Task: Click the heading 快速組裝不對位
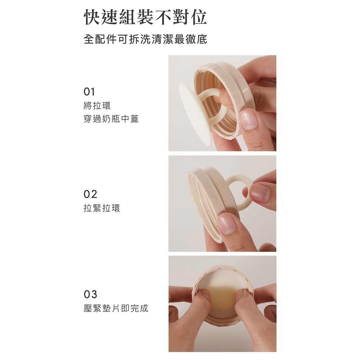[x=145, y=17]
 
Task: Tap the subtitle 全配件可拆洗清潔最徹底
[x=145, y=39]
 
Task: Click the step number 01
[x=89, y=92]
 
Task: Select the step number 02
[x=90, y=194]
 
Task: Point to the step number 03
[x=90, y=294]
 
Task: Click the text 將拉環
[x=97, y=105]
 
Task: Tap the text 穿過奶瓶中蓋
[x=111, y=119]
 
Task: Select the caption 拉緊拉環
[x=102, y=208]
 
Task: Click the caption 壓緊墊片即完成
[x=116, y=308]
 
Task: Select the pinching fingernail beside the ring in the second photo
[x=260, y=192]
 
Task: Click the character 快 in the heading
[x=92, y=17]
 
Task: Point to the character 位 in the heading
[x=199, y=17]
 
